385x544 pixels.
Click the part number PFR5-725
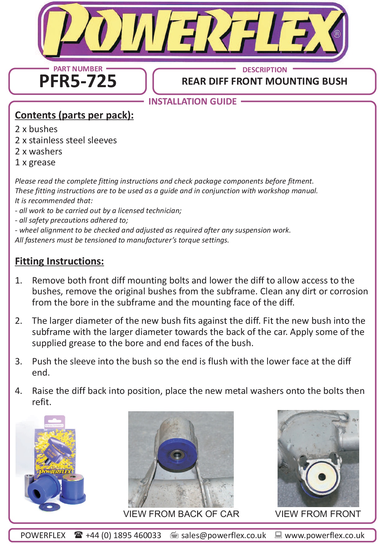click(x=78, y=81)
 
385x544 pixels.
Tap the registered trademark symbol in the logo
click(x=337, y=34)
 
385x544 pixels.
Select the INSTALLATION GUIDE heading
click(x=192, y=101)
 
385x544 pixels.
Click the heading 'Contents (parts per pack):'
click(x=74, y=115)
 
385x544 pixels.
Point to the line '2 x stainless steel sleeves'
click(x=66, y=140)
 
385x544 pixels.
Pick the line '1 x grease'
click(x=35, y=162)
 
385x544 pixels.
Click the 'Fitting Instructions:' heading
click(x=59, y=261)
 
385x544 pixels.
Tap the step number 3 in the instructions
click(x=18, y=361)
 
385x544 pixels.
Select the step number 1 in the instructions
click(x=18, y=280)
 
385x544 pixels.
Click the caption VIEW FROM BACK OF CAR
click(x=181, y=514)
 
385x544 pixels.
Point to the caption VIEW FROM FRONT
click(x=318, y=514)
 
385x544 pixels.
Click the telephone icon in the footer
click(x=78, y=535)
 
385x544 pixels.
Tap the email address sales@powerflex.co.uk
click(x=224, y=535)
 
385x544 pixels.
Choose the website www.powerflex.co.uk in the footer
click(x=324, y=535)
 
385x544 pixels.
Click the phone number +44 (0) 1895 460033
click(x=123, y=535)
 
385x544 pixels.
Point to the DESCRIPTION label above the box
click(x=265, y=70)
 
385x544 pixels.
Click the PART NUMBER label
click(x=78, y=69)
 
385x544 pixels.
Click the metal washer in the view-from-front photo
click(x=322, y=477)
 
